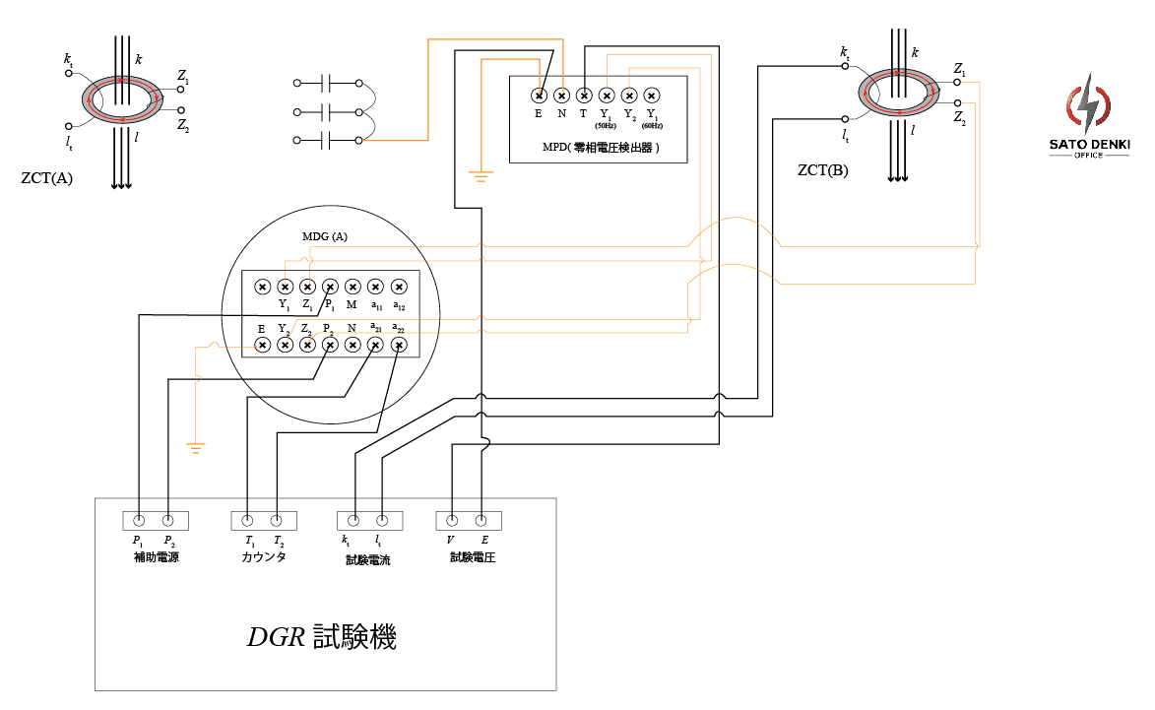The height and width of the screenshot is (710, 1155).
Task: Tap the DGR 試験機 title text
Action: pyautogui.click(x=322, y=637)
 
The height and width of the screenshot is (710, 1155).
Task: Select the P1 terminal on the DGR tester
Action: pyautogui.click(x=140, y=520)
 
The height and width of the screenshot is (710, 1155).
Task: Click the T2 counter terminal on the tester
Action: pyautogui.click(x=277, y=520)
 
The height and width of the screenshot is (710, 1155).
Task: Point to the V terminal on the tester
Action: pyautogui.click(x=452, y=520)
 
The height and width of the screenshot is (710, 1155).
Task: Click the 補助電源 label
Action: pyautogui.click(x=156, y=557)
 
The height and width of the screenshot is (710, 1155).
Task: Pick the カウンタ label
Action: pyautogui.click(x=263, y=557)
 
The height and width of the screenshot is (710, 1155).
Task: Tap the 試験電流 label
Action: pyautogui.click(x=368, y=558)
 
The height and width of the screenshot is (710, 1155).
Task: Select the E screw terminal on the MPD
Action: pyautogui.click(x=539, y=96)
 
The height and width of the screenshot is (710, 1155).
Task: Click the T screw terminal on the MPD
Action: pyautogui.click(x=584, y=96)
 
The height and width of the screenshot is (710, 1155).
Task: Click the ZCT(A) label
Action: pyautogui.click(x=46, y=178)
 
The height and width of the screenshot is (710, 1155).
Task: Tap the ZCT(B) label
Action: pyautogui.click(x=822, y=170)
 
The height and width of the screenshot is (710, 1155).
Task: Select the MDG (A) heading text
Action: pyautogui.click(x=324, y=237)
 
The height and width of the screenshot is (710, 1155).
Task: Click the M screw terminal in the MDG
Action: pyautogui.click(x=353, y=287)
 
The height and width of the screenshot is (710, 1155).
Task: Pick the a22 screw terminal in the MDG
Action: pyautogui.click(x=398, y=345)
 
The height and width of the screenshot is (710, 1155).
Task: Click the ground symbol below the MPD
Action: pyautogui.click(x=481, y=177)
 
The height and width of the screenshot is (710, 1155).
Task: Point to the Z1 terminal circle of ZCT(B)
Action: pyautogui.click(x=956, y=84)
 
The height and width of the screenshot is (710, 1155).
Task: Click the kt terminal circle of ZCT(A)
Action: pyautogui.click(x=68, y=73)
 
